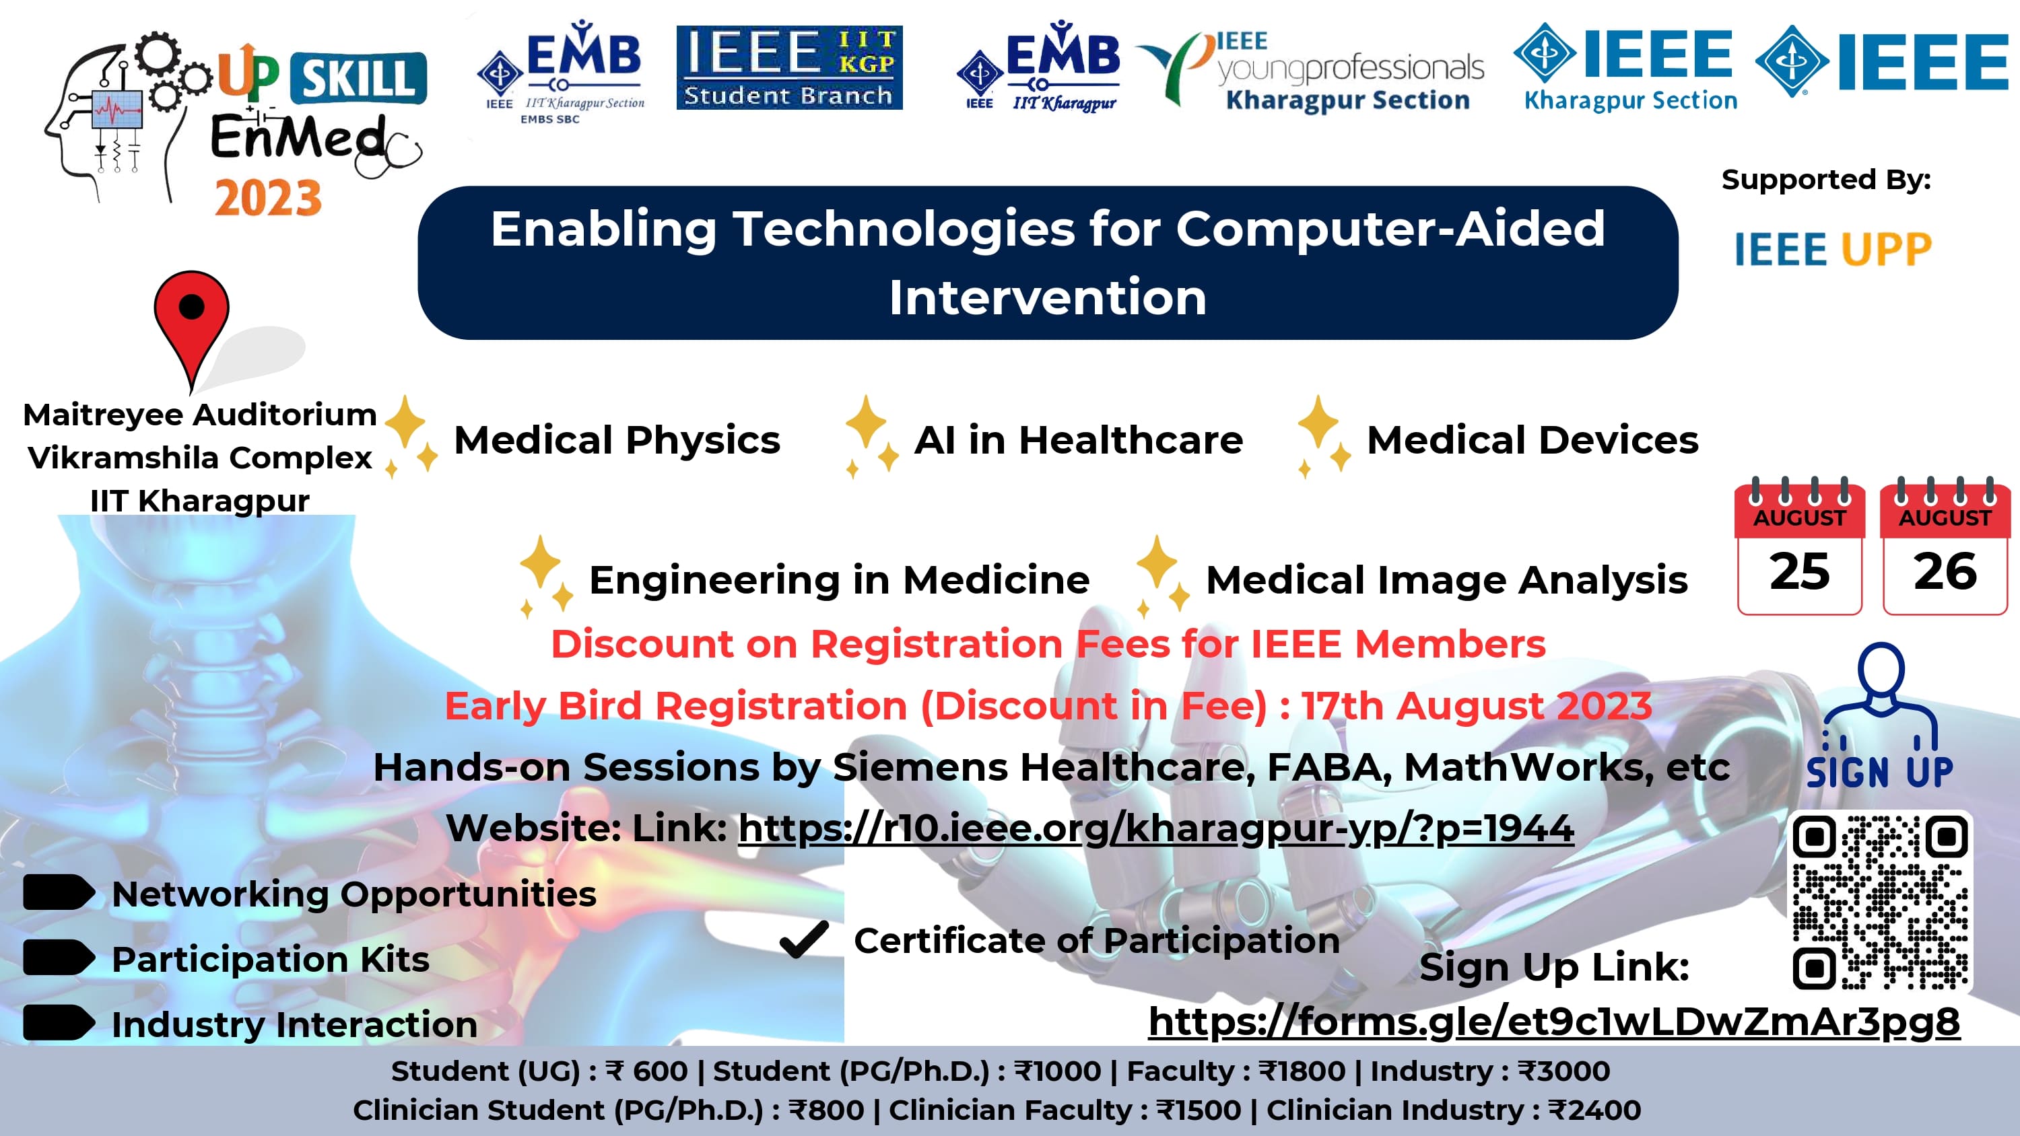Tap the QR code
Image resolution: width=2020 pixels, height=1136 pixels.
click(x=1880, y=902)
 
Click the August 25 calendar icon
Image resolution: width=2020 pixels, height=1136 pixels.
click(x=1800, y=546)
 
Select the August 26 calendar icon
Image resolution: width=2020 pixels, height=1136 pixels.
click(x=1945, y=546)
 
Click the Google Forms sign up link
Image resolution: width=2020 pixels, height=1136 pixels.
click(x=1554, y=1022)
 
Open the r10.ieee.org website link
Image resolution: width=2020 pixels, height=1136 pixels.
click(x=1156, y=828)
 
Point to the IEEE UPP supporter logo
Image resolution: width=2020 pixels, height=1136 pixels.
click(x=1833, y=249)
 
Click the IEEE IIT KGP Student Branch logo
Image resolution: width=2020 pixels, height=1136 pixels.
click(x=789, y=67)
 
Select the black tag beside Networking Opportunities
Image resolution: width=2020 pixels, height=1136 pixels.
click(x=59, y=892)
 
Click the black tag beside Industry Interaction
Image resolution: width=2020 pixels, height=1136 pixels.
click(x=59, y=1022)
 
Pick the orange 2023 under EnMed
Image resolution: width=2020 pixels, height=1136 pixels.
click(x=268, y=198)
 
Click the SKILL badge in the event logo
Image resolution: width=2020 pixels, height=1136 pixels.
click(x=358, y=77)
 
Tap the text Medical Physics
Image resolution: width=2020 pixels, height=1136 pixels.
click(x=617, y=440)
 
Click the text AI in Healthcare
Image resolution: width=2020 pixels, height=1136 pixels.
click(x=1079, y=440)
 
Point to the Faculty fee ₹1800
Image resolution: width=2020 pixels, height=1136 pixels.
click(x=1302, y=1071)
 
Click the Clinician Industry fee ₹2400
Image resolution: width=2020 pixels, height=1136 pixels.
click(x=1596, y=1110)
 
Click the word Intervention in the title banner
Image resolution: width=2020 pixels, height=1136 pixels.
click(x=1048, y=298)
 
